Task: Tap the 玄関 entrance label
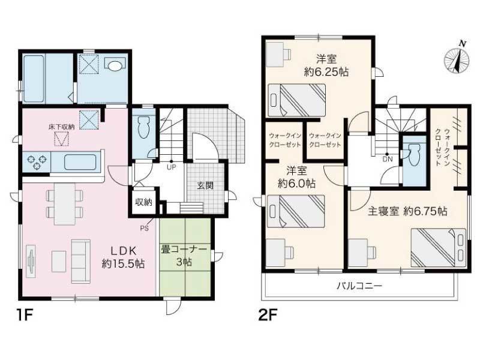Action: click(205, 185)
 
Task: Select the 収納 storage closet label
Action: click(144, 202)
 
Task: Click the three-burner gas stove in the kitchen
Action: click(37, 162)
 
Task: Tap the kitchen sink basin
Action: click(80, 162)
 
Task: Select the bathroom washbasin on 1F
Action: click(115, 65)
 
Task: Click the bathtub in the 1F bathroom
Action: click(34, 79)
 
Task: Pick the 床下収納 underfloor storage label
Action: click(61, 127)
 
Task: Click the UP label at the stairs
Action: click(171, 167)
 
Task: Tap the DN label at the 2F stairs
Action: click(387, 159)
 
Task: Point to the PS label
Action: click(144, 228)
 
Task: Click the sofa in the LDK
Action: click(81, 261)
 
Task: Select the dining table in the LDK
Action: click(64, 204)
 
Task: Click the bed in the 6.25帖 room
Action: click(296, 100)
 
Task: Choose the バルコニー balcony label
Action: click(359, 286)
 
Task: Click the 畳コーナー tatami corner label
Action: click(184, 249)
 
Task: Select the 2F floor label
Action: click(268, 315)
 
